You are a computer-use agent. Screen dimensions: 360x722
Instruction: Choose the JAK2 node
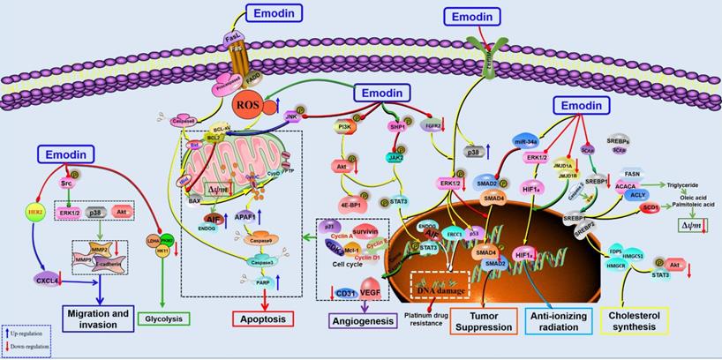pos(393,157)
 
